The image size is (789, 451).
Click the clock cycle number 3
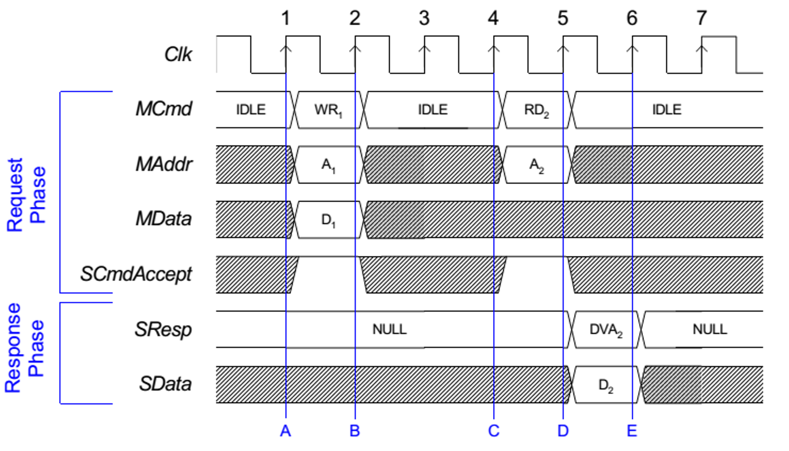pyautogui.click(x=424, y=18)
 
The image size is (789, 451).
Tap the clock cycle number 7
pyautogui.click(x=701, y=18)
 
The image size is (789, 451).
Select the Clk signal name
pyautogui.click(x=178, y=55)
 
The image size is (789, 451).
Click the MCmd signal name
pyautogui.click(x=163, y=109)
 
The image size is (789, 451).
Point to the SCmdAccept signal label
pyautogui.click(x=136, y=274)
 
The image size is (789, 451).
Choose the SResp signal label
pyautogui.click(x=163, y=330)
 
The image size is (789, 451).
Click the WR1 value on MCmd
pyautogui.click(x=328, y=110)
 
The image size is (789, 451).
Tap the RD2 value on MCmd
pyautogui.click(x=537, y=110)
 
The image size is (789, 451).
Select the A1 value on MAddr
pyautogui.click(x=328, y=165)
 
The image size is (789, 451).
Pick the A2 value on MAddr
pyautogui.click(x=537, y=165)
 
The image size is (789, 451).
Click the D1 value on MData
pyautogui.click(x=328, y=220)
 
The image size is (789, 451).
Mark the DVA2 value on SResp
pyautogui.click(x=606, y=330)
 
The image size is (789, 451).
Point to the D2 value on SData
pyautogui.click(x=606, y=385)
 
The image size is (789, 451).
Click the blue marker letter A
pyautogui.click(x=285, y=431)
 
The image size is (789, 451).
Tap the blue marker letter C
pyautogui.click(x=494, y=431)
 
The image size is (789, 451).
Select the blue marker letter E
pyautogui.click(x=632, y=431)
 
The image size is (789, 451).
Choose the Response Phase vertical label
pyautogui.click(x=25, y=348)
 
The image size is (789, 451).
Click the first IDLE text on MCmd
pyautogui.click(x=251, y=110)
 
